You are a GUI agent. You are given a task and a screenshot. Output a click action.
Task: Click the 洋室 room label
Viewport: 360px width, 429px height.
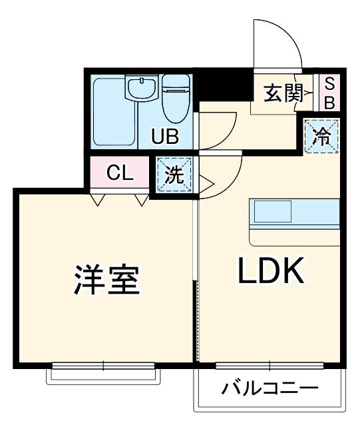click(106, 280)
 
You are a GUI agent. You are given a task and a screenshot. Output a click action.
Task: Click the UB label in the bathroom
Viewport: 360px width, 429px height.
click(164, 137)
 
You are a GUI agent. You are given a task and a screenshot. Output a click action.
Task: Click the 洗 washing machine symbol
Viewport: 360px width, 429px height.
click(174, 175)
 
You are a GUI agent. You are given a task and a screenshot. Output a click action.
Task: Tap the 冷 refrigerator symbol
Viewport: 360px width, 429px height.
click(322, 137)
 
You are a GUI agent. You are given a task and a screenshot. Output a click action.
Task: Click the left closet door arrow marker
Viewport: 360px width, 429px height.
click(98, 198)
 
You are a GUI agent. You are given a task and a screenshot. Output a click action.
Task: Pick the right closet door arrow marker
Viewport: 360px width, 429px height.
click(140, 198)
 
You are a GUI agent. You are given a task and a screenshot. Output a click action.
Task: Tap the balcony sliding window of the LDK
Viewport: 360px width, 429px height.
click(270, 364)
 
